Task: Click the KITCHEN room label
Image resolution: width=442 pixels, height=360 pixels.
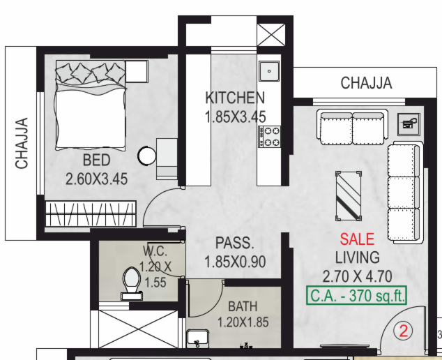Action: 235,98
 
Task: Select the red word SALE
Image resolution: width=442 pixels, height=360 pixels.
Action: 357,239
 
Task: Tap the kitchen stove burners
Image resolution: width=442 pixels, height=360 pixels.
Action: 269,137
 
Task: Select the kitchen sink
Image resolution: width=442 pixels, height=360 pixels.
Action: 268,70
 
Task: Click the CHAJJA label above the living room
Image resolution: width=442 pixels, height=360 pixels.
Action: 366,84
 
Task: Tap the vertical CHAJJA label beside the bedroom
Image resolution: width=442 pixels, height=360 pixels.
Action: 22,143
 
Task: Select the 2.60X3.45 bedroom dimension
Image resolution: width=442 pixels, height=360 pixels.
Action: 96,179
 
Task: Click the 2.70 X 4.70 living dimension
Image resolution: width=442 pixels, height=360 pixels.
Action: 357,275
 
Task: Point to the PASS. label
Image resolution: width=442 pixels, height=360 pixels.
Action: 234,244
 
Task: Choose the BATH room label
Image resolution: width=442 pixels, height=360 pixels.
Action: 243,307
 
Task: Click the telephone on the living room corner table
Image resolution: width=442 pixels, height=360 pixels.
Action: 409,124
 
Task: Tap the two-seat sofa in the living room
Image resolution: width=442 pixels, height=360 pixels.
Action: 352,126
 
